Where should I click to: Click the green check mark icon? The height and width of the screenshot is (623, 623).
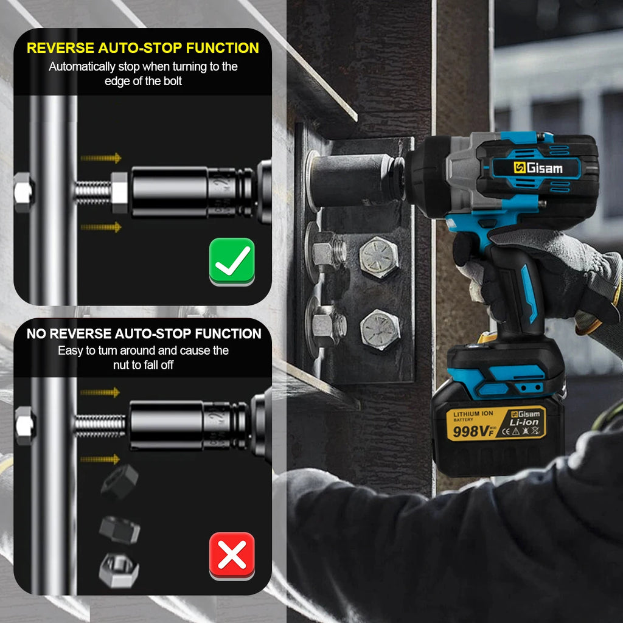(232, 261)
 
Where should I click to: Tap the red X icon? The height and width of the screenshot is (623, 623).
(232, 555)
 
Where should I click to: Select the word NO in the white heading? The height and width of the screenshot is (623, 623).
(37, 334)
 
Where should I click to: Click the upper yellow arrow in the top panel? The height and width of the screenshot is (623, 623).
(101, 158)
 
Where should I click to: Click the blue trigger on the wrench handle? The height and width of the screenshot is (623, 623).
(527, 292)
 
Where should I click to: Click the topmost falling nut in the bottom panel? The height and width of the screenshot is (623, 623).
(120, 480)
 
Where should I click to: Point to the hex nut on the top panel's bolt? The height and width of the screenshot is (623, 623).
(119, 192)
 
